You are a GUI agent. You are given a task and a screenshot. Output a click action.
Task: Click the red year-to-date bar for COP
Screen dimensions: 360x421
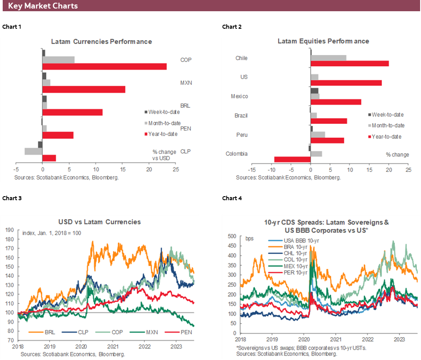tap(104, 66)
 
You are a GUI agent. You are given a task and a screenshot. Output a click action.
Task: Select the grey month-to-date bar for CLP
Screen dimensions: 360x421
tap(33, 151)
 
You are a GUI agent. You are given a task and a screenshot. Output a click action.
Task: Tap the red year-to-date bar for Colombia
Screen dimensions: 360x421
tap(292, 159)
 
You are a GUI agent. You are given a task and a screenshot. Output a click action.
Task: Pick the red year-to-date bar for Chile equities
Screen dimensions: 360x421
tap(350, 63)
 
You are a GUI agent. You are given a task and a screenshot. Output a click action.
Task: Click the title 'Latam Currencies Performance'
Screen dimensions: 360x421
tap(101, 41)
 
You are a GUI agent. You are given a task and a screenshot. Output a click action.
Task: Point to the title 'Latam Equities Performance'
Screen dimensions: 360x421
tap(323, 41)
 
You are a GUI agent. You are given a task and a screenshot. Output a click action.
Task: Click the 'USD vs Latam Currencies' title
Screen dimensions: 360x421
tap(99, 222)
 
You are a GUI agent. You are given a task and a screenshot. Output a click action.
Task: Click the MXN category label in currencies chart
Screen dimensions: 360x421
tap(185, 83)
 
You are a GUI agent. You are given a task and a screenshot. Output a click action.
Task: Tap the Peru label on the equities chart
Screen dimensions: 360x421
tap(242, 135)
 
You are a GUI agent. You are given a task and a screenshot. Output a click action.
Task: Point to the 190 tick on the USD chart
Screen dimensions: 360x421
tap(9, 230)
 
